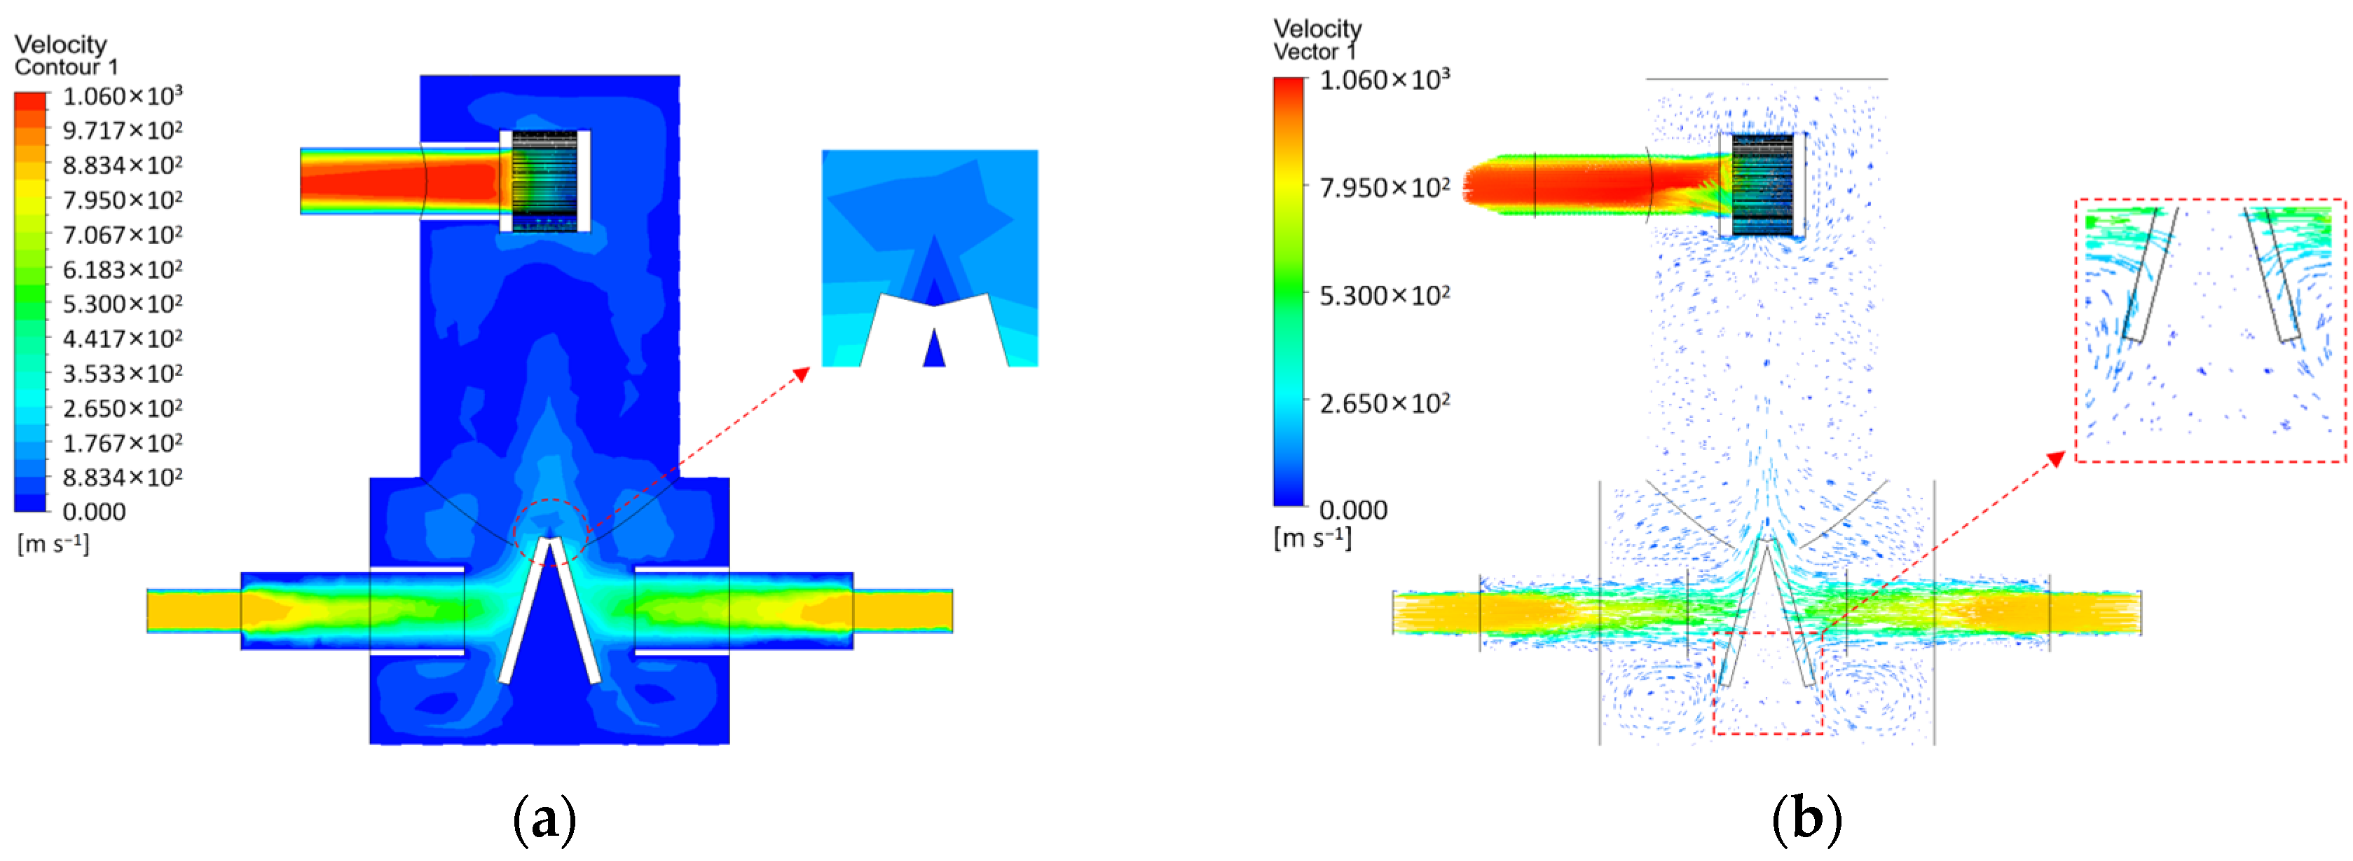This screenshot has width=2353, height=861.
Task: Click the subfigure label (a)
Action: (x=544, y=819)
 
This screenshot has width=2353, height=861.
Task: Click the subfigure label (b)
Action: (x=1806, y=819)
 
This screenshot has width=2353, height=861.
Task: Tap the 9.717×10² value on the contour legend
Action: (x=123, y=130)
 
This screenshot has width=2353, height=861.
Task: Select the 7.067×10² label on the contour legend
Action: (x=123, y=235)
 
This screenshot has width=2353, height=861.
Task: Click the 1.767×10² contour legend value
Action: (x=123, y=443)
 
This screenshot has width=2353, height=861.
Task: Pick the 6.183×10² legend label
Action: (x=123, y=270)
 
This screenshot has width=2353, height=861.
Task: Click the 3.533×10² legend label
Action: (x=123, y=374)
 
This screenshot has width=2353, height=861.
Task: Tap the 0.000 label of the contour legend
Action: (x=94, y=512)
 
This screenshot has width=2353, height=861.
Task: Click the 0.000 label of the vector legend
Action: (x=1353, y=510)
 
